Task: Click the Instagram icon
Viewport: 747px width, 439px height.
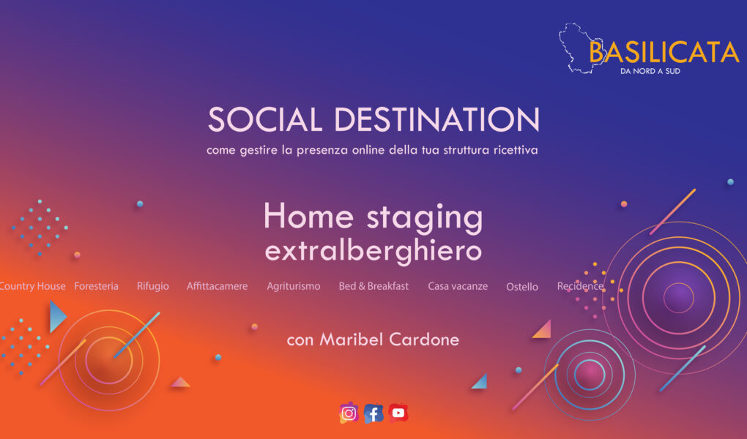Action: [349, 413]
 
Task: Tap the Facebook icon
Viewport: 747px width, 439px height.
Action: [373, 413]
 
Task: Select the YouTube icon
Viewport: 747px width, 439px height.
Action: [398, 413]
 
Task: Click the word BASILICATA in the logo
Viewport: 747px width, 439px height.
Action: [664, 52]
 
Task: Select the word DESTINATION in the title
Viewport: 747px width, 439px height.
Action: [437, 120]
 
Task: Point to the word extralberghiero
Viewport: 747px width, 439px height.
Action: [373, 251]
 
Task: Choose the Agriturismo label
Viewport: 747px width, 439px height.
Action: [294, 286]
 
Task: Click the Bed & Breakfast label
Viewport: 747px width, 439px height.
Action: [373, 286]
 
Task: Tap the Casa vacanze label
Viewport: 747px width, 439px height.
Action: [458, 286]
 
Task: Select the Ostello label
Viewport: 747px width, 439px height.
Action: [522, 287]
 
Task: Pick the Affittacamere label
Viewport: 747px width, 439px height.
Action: [217, 286]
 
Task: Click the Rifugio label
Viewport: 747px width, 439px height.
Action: [153, 286]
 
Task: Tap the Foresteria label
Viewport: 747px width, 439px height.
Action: [96, 286]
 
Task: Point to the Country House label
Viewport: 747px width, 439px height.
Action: [33, 286]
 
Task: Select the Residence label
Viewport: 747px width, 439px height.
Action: [580, 286]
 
